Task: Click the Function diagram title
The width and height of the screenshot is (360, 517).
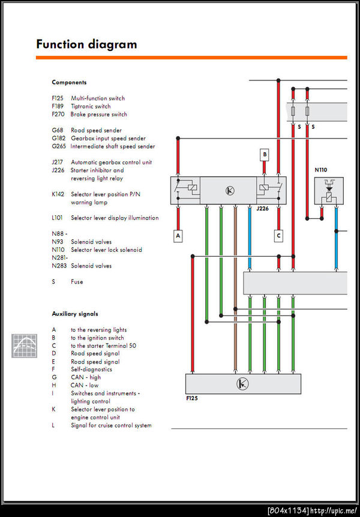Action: [86, 44]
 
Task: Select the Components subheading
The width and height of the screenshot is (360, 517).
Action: [69, 82]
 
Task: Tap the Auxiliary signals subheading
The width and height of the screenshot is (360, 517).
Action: [75, 314]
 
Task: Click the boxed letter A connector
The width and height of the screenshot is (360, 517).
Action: [178, 236]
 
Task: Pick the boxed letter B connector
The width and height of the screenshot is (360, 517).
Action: [264, 155]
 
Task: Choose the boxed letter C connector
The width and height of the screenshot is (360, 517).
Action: [278, 236]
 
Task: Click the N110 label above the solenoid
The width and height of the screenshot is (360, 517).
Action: [321, 170]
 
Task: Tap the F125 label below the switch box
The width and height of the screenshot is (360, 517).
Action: [193, 398]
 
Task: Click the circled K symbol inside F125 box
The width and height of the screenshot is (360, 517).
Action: [242, 384]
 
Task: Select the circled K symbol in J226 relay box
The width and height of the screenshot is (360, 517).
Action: [229, 191]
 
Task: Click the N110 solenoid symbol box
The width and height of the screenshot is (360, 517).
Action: [329, 191]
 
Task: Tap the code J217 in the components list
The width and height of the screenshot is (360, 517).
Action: [58, 162]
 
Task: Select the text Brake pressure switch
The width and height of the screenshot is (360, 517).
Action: [99, 114]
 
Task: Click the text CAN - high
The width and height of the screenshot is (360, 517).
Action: [86, 377]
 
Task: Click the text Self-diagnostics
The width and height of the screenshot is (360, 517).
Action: [91, 369]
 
